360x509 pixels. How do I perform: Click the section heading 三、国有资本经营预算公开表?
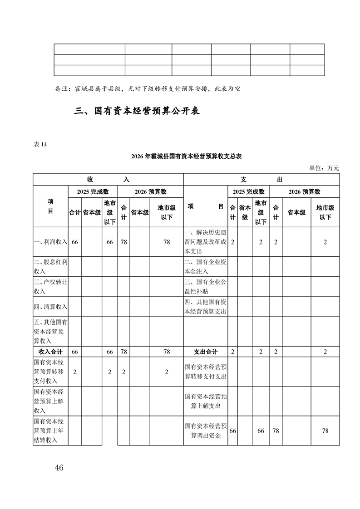click(137, 111)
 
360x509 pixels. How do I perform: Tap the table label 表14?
click(40, 145)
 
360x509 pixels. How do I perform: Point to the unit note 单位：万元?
click(324, 168)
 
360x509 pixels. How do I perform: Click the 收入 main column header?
click(108, 180)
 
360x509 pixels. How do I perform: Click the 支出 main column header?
click(261, 180)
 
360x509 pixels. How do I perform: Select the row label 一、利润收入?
click(50, 242)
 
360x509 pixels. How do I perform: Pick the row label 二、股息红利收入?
click(50, 266)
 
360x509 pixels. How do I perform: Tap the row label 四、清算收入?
click(50, 307)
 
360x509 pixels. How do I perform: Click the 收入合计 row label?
click(50, 352)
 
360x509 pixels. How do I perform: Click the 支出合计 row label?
click(206, 352)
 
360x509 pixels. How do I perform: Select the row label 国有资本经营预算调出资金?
click(206, 431)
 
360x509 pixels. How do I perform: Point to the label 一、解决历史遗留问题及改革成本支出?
click(206, 242)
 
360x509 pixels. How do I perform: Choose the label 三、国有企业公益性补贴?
click(206, 286)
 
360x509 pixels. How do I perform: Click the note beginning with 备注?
click(147, 88)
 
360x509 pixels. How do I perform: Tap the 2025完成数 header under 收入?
click(93, 192)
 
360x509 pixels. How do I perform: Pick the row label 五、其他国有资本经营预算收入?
click(50, 332)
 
